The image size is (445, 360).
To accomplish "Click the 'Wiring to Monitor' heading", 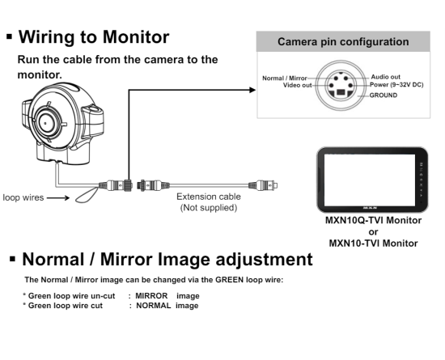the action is [x=94, y=37].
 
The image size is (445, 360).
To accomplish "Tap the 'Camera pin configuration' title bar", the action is [x=343, y=41].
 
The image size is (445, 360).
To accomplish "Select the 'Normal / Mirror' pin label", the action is [x=284, y=78].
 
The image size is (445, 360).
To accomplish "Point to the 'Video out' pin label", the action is [x=298, y=85].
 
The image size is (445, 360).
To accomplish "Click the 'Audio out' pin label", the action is [x=385, y=77].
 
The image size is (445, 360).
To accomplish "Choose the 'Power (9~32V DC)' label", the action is [x=396, y=85].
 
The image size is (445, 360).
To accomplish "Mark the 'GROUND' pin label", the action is [x=384, y=95].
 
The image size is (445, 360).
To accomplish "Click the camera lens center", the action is [x=45, y=123].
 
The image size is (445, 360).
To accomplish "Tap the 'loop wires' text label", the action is [x=23, y=197].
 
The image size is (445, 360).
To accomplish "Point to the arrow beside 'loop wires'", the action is [x=58, y=197].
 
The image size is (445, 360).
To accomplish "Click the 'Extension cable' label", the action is [x=209, y=197].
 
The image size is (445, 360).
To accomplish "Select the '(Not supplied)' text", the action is [x=209, y=208].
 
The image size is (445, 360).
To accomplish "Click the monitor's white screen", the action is [x=370, y=180].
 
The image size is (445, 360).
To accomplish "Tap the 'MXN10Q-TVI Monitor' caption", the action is [x=373, y=220].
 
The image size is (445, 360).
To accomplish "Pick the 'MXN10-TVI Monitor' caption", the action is [x=373, y=244].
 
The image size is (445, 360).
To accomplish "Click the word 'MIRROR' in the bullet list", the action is [x=151, y=296].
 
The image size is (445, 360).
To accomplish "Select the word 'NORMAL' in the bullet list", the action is [x=154, y=306].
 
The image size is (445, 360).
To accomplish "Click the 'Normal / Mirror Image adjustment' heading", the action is [x=167, y=260].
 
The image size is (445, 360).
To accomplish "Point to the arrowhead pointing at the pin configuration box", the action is [x=252, y=90].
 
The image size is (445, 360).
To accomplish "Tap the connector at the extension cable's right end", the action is [x=263, y=185].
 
